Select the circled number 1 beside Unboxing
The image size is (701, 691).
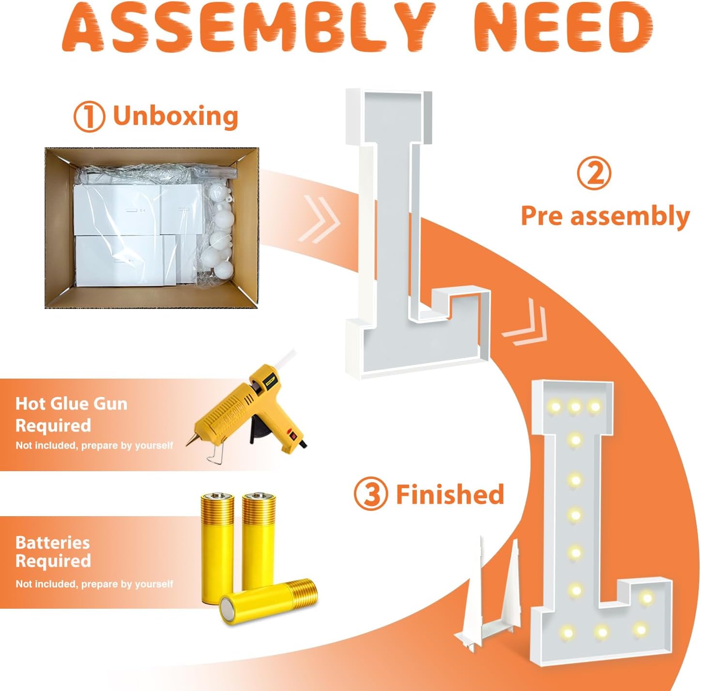pos(89,117)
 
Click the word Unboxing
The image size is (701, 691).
pos(176,116)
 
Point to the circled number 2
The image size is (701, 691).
pos(594,175)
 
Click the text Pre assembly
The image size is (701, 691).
pos(605,216)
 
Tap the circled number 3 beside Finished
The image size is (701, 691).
pos(370,494)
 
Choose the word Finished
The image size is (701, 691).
pos(450,494)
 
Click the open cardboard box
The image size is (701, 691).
pos(152,228)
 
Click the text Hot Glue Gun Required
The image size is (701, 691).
pos(71,415)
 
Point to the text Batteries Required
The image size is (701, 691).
pos(53,552)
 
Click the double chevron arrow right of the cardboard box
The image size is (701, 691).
pos(319,219)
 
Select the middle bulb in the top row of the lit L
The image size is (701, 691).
pos(575,406)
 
